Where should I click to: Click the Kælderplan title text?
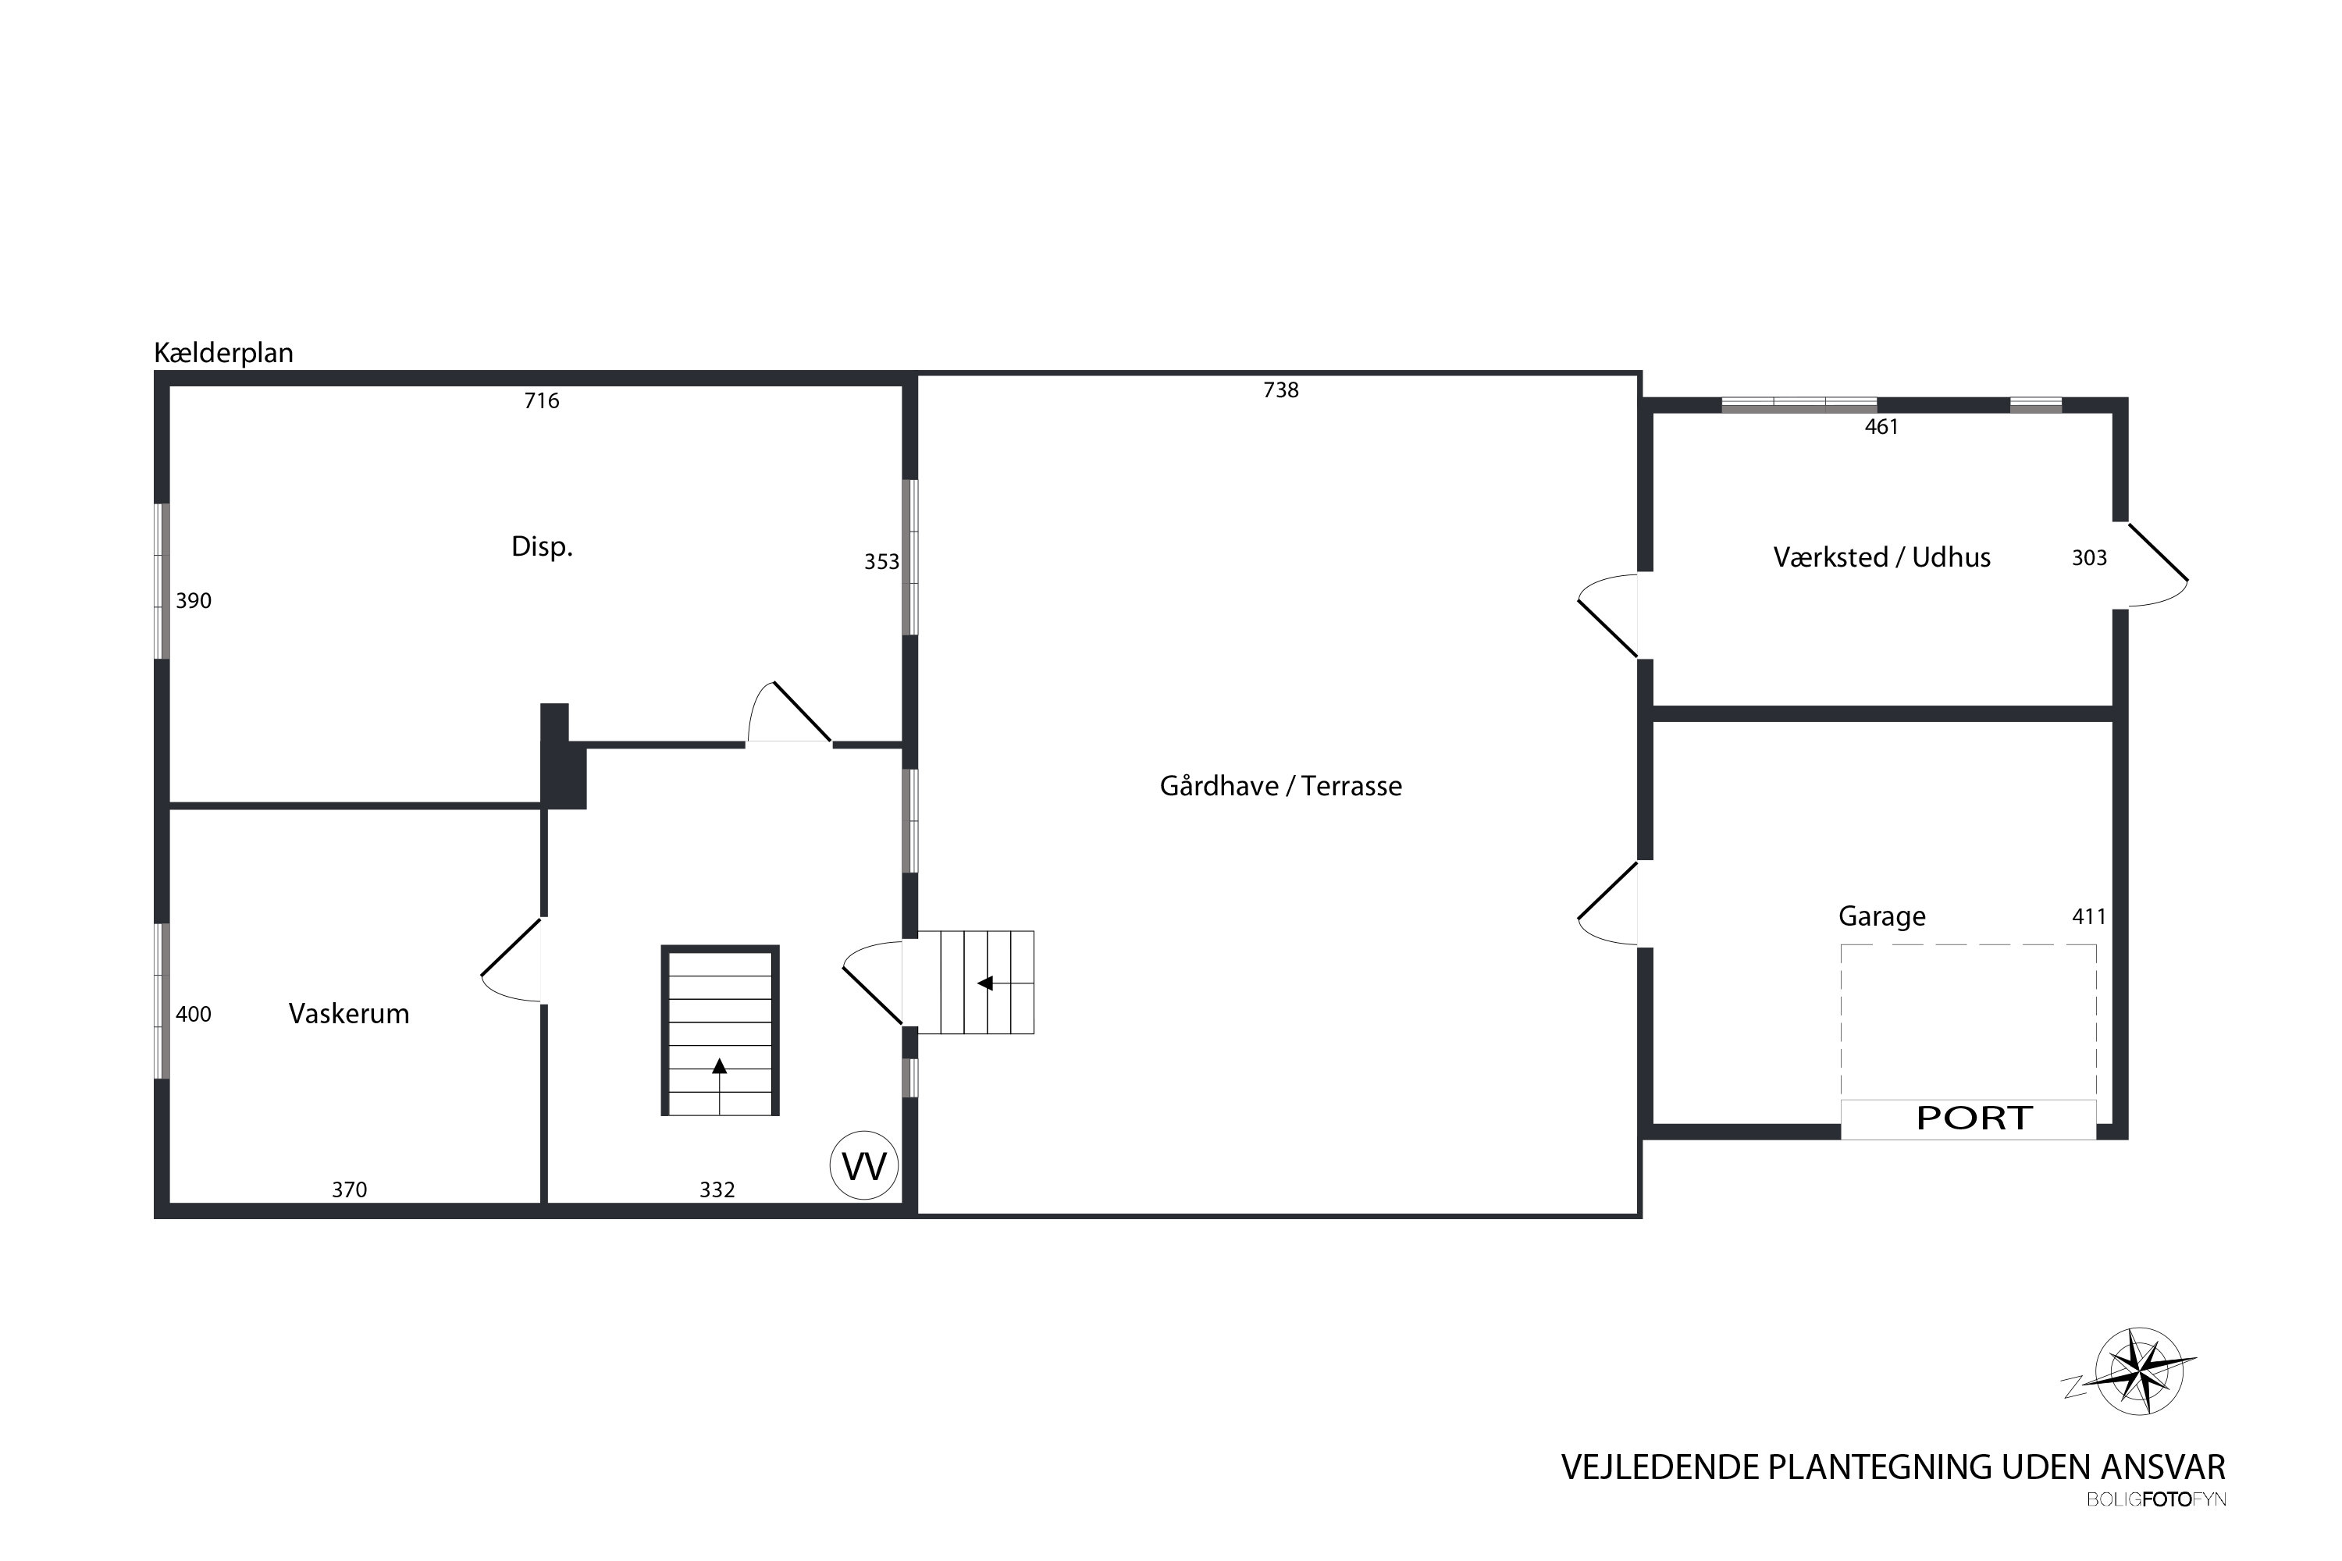tap(223, 354)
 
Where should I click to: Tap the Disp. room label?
tap(542, 546)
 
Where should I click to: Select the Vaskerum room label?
tap(348, 1013)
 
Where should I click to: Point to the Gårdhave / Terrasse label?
tap(1280, 787)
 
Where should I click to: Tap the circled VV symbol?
tap(864, 1165)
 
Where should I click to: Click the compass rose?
tap(2139, 1371)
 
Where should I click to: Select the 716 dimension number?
tap(542, 401)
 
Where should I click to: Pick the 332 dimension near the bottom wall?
tap(717, 1189)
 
